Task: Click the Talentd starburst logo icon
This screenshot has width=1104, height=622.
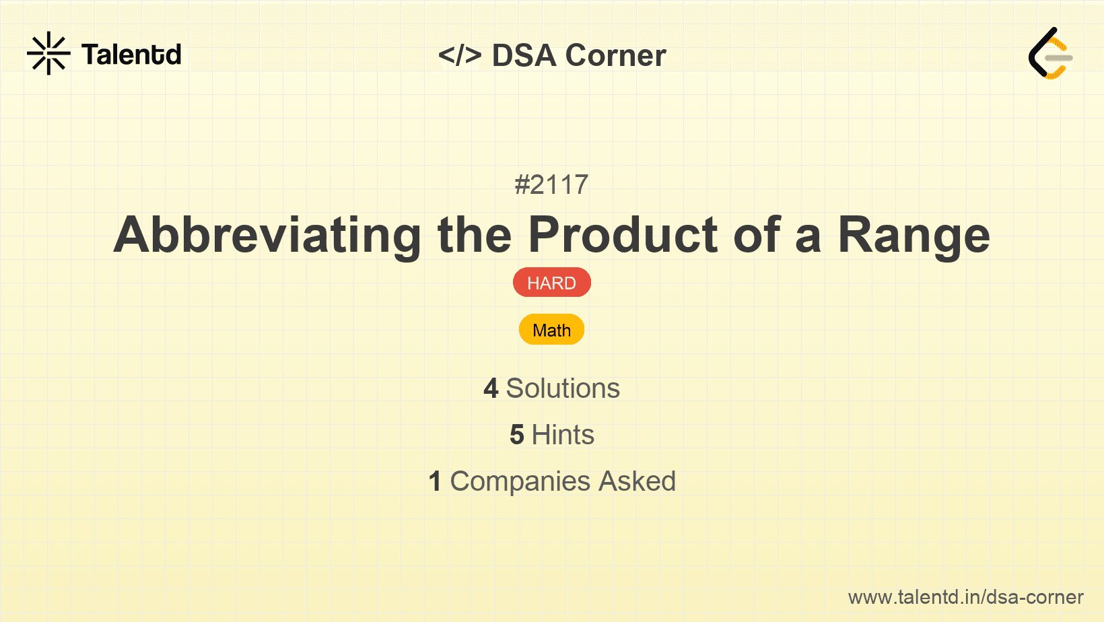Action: tap(48, 53)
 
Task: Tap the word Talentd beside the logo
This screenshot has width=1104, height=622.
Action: tap(131, 55)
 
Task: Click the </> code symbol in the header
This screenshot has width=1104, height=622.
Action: tap(460, 55)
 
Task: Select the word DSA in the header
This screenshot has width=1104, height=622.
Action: tap(524, 55)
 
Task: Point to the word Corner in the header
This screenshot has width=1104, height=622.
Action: tap(615, 55)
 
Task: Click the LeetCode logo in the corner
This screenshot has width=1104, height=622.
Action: tap(1051, 54)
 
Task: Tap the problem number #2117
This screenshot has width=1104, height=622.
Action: tap(551, 184)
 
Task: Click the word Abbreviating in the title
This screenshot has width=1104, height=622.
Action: tap(267, 236)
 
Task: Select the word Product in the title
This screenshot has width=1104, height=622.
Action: tap(623, 236)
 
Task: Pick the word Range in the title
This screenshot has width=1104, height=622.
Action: tap(913, 236)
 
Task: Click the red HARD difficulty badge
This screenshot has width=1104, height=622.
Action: tap(551, 283)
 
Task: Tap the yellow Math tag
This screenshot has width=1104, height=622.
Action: tap(551, 330)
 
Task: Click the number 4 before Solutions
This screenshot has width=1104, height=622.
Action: tap(491, 388)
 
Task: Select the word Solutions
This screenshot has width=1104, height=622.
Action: tap(563, 388)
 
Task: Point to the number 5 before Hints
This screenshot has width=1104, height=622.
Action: tap(516, 435)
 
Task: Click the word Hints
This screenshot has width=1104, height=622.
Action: tap(563, 435)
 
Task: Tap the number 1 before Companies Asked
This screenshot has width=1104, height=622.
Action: tap(435, 481)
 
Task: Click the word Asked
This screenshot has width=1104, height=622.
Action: tap(637, 481)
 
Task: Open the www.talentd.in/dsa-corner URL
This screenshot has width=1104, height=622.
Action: tap(965, 597)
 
